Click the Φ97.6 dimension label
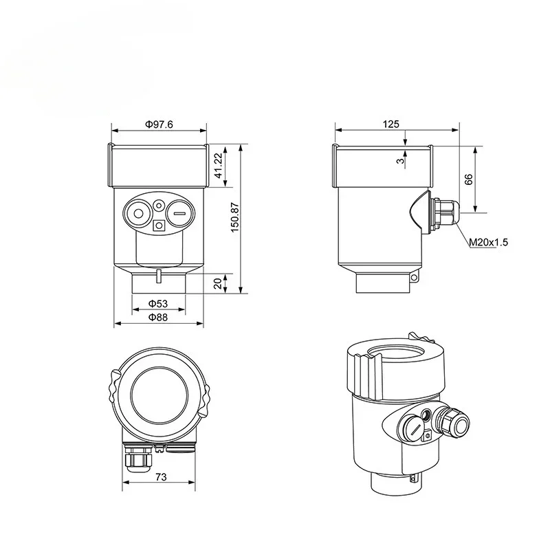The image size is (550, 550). pos(159,124)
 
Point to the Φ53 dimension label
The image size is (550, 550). pos(159,304)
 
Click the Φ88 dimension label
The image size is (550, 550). pos(159,317)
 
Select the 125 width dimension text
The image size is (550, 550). pos(390,124)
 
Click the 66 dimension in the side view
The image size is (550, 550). pos(469,179)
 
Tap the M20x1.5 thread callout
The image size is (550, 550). pos(488,243)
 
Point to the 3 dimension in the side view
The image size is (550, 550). pos(399,160)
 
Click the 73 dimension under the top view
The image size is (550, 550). pos(160,476)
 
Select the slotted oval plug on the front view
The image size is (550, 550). pos(179,214)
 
